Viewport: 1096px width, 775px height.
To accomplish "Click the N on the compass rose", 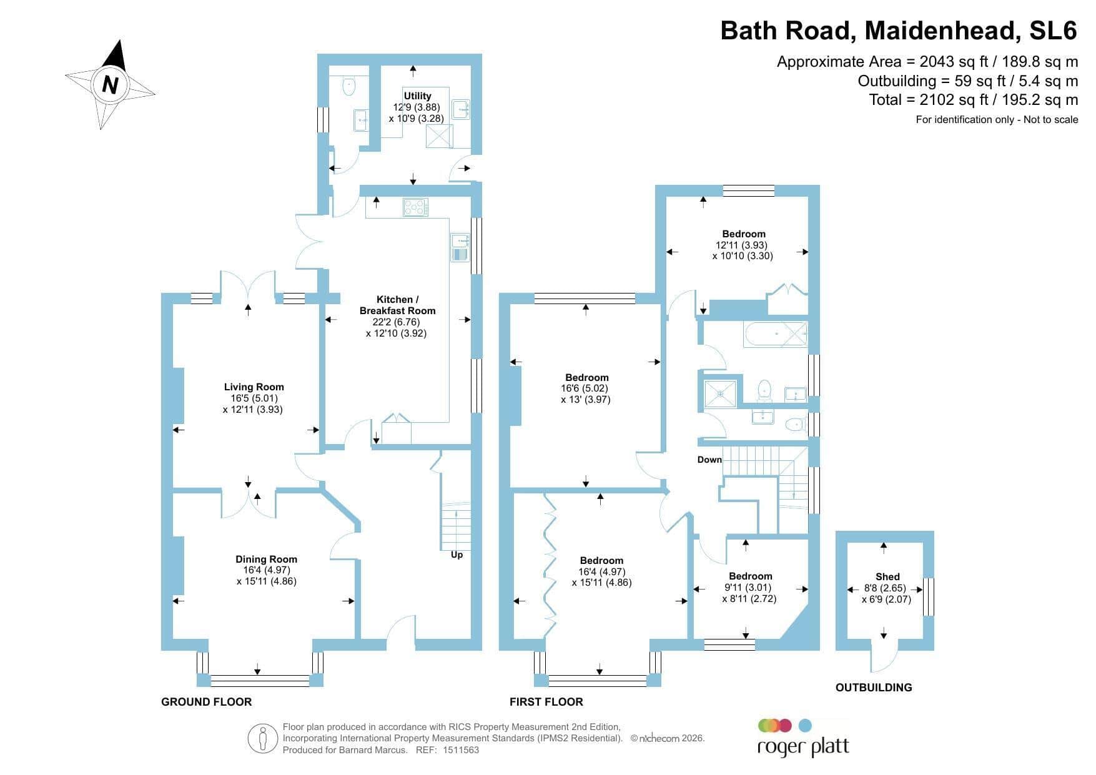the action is [x=110, y=84].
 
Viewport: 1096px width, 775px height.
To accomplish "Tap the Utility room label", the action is [x=417, y=96].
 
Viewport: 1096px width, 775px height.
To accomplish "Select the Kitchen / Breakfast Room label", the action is [x=397, y=305].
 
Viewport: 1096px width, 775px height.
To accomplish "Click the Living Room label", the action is [x=254, y=387].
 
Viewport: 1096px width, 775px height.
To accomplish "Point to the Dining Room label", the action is [x=266, y=559].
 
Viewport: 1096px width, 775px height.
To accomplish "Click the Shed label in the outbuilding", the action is [x=887, y=576].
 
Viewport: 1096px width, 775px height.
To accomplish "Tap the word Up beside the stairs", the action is [x=457, y=555].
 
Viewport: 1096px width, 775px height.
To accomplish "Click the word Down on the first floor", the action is [x=709, y=460].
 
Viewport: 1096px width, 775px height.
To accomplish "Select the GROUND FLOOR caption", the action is [x=206, y=701].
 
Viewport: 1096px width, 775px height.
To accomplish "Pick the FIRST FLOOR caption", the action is [x=546, y=701].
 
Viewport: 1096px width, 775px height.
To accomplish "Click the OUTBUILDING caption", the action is [x=874, y=687].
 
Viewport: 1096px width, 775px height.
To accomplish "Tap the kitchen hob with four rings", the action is [x=416, y=207].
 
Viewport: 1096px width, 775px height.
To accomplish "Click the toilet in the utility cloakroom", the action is [x=348, y=86].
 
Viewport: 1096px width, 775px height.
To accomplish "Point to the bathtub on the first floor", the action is [x=775, y=335].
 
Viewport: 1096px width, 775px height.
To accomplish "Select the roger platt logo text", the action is [x=803, y=747].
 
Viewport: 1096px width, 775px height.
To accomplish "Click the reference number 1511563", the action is [x=461, y=750].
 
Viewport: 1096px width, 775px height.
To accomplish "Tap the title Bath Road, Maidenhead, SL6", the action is [x=899, y=31].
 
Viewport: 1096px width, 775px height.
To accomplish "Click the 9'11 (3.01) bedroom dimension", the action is [x=748, y=588].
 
